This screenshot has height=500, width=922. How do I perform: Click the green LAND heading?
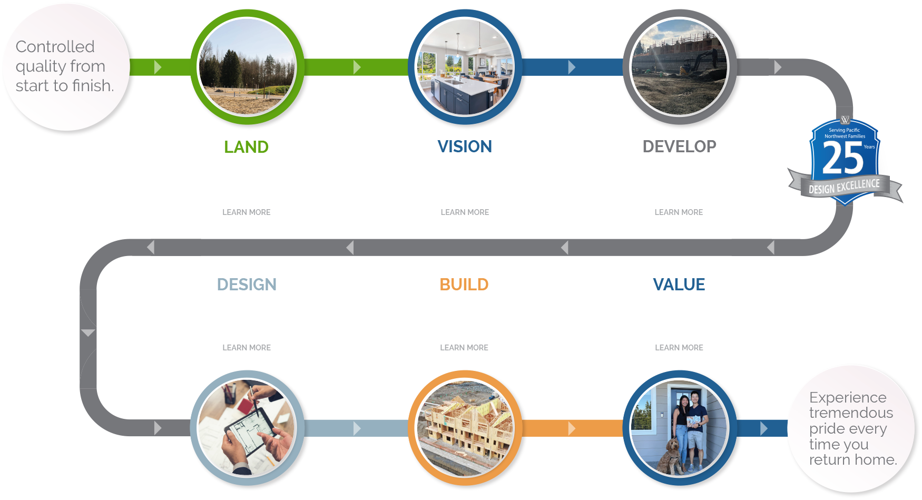click(246, 146)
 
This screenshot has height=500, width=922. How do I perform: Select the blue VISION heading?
click(465, 146)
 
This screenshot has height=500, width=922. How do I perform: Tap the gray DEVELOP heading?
click(679, 146)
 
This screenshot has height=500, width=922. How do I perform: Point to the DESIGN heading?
click(247, 285)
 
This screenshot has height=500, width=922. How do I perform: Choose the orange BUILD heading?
click(464, 285)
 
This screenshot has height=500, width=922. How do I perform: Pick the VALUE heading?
click(679, 285)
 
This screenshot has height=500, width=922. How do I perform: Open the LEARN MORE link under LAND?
click(247, 212)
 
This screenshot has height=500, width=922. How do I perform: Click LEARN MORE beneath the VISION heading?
click(465, 212)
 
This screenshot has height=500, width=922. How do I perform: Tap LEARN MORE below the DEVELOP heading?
click(679, 212)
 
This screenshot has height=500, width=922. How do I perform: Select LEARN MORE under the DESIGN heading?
click(247, 348)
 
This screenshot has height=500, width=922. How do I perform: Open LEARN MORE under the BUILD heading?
click(464, 348)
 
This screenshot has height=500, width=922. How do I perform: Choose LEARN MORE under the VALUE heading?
click(679, 348)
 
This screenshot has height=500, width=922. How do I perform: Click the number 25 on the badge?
click(842, 158)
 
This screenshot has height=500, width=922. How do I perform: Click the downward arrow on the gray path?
click(88, 333)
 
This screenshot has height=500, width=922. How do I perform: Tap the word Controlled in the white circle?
click(55, 46)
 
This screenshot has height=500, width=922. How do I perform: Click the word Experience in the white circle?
click(848, 397)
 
